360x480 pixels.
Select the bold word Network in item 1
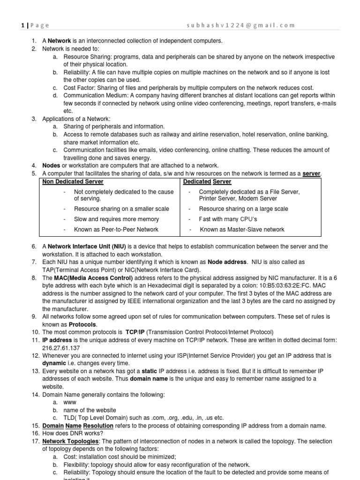pos(59,41)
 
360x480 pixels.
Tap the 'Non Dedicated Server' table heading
pos(73,181)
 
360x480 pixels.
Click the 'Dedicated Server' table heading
pos(207,181)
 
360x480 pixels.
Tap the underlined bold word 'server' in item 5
pos(311,173)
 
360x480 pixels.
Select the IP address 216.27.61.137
pos(61,349)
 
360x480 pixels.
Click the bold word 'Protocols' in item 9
pos(82,324)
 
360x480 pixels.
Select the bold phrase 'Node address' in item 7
pos(227,262)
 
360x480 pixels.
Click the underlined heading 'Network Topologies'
pos(70,442)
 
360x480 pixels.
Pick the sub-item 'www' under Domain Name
pos(69,402)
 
